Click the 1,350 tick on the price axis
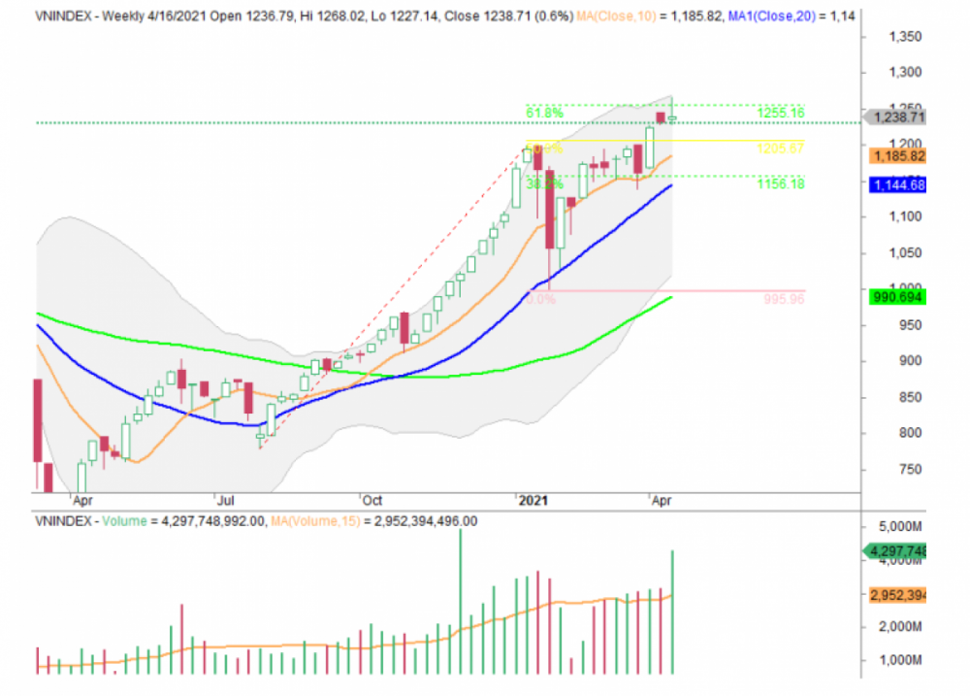coord(907,37)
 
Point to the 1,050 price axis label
coord(907,253)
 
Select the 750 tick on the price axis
coord(911,470)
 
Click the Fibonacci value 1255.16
coord(781,113)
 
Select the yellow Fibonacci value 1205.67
coord(781,149)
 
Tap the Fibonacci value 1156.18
coord(781,183)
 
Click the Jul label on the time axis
coord(225,501)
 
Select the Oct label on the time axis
coord(372,501)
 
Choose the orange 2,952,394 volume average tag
coord(898,595)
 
